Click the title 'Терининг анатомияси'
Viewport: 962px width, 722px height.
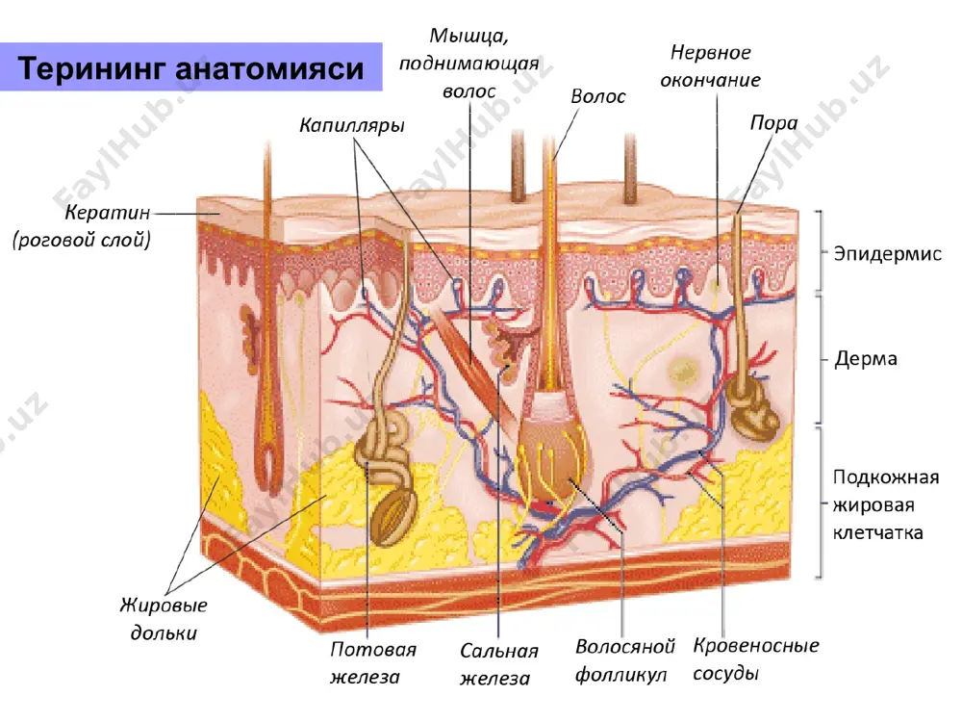pyautogui.click(x=190, y=68)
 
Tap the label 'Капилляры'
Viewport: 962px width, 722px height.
pyautogui.click(x=352, y=126)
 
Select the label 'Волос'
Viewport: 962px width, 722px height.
pyautogui.click(x=598, y=96)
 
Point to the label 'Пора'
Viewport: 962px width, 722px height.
pyautogui.click(x=773, y=123)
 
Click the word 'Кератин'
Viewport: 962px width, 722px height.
pyautogui.click(x=108, y=213)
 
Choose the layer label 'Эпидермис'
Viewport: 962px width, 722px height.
pyautogui.click(x=887, y=253)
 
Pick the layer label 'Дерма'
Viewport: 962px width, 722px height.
pyautogui.click(x=866, y=358)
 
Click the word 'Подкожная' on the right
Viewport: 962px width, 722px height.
pyautogui.click(x=886, y=477)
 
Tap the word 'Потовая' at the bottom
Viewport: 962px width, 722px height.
pyautogui.click(x=373, y=649)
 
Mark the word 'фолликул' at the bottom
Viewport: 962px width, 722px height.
pyautogui.click(x=620, y=674)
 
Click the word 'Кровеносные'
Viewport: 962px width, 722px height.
pyautogui.click(x=756, y=645)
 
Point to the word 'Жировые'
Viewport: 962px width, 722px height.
pyautogui.click(x=164, y=606)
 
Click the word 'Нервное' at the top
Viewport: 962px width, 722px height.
pyautogui.click(x=711, y=52)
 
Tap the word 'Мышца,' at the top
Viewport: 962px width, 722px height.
pyautogui.click(x=468, y=36)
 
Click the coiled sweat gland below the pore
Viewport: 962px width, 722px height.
pyautogui.click(x=752, y=407)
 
